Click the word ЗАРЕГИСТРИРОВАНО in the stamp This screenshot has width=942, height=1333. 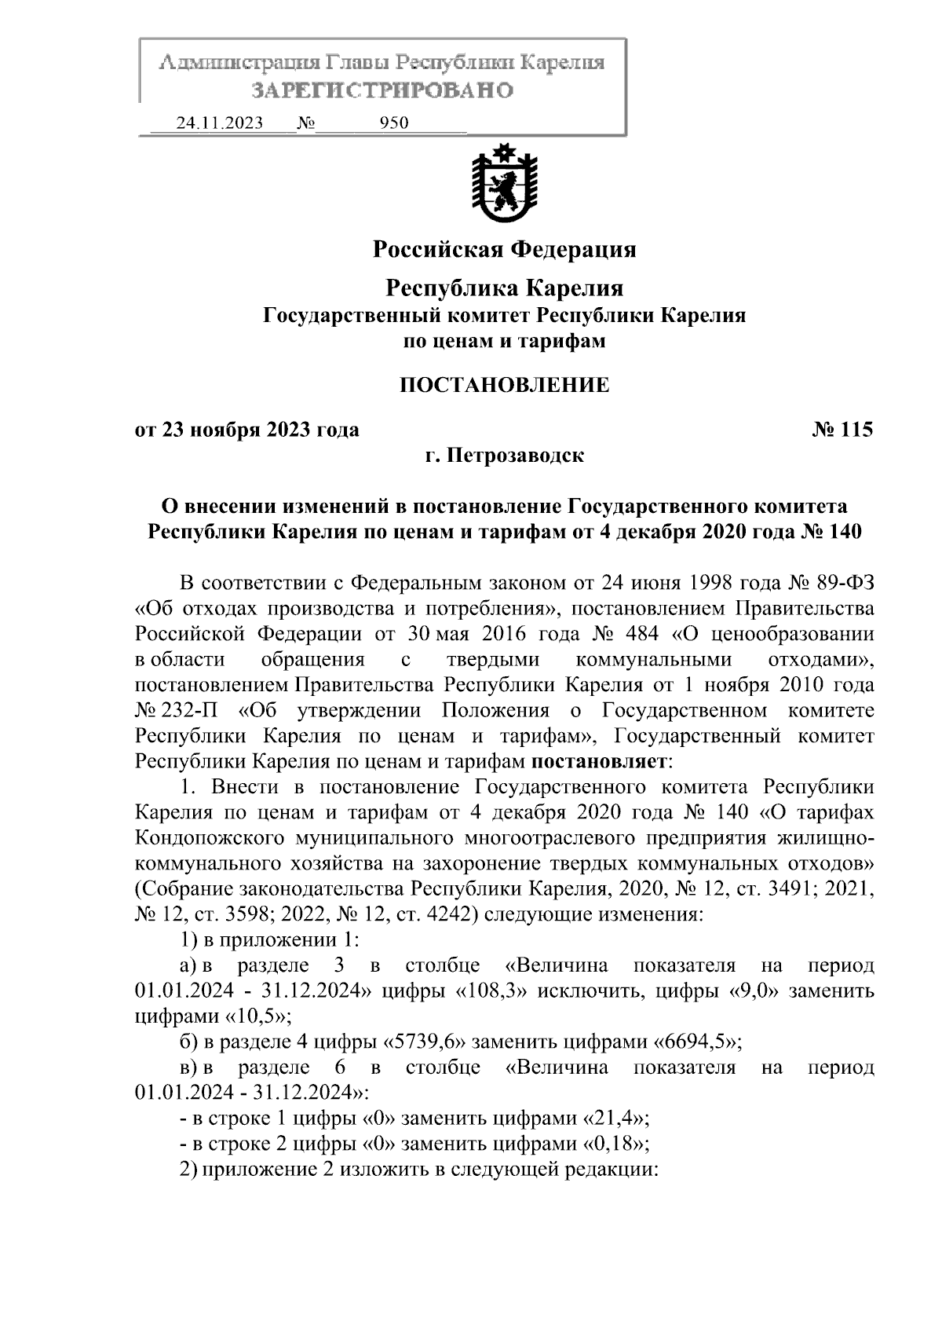click(x=382, y=90)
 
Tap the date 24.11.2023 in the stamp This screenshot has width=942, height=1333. click(x=220, y=123)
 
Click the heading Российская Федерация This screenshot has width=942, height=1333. click(x=504, y=250)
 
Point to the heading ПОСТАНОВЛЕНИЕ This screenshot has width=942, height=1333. click(x=504, y=385)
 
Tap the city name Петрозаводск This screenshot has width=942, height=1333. click(x=516, y=456)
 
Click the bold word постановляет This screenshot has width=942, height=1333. click(x=598, y=761)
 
